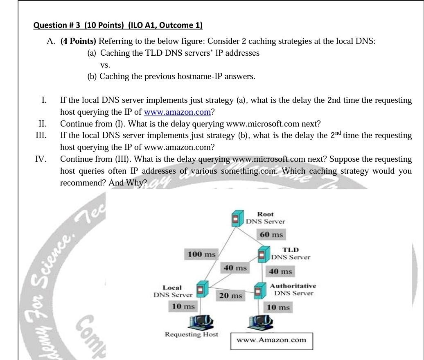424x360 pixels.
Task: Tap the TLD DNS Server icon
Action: pos(263,254)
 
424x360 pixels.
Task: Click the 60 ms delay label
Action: pos(271,235)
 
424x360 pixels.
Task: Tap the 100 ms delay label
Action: pos(201,254)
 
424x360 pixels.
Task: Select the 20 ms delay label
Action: pos(230,295)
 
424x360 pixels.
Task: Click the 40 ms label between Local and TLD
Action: pos(235,268)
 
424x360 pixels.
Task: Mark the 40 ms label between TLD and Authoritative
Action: pos(280,271)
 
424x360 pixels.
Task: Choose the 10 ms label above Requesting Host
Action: pos(183,306)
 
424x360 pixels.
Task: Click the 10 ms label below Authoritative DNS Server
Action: pos(278,307)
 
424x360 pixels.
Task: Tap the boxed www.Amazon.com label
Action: pos(271,340)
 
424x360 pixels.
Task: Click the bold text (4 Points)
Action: pos(78,41)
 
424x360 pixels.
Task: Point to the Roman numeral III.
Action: pos(41,136)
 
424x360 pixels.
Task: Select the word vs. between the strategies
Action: pos(105,65)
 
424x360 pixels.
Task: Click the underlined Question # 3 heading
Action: pos(118,25)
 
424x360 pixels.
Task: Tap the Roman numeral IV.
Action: pos(40,159)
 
